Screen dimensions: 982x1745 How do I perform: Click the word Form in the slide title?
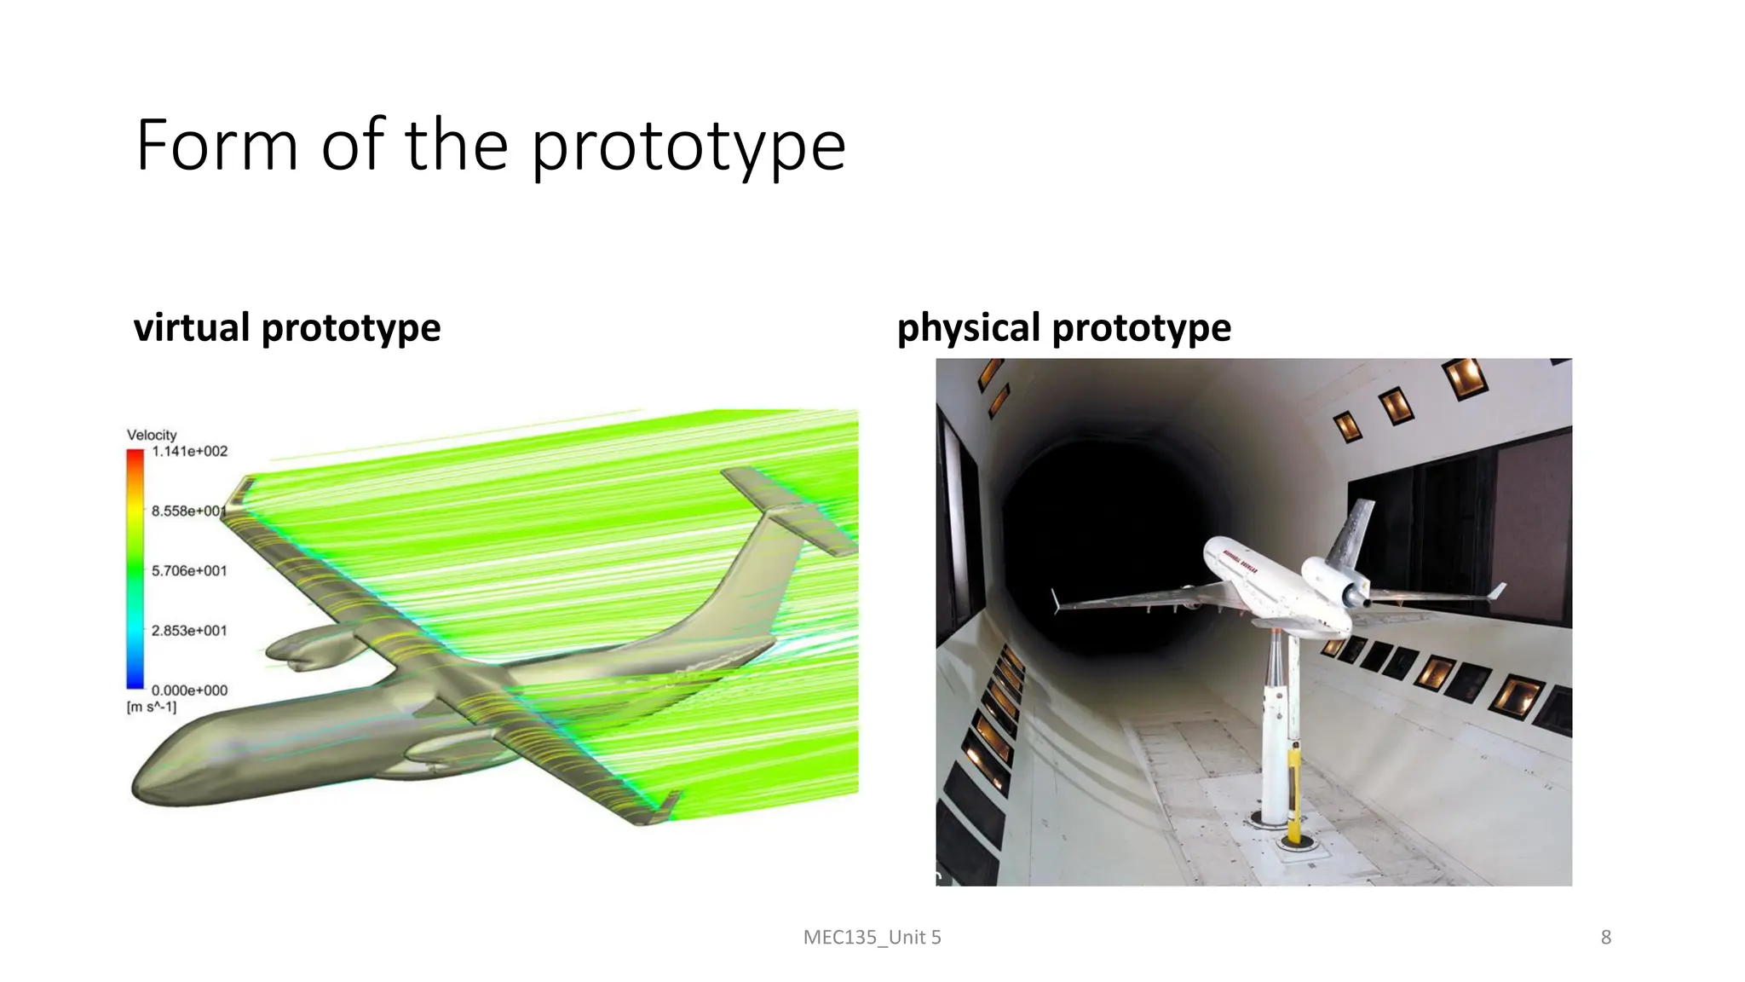pyautogui.click(x=216, y=145)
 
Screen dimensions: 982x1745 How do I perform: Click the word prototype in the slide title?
pyautogui.click(x=688, y=147)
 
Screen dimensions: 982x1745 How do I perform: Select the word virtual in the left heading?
pyautogui.click(x=192, y=327)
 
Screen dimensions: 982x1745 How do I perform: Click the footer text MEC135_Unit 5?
pyautogui.click(x=872, y=938)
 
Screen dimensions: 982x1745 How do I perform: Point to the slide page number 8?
pyautogui.click(x=1605, y=938)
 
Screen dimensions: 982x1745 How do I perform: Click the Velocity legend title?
pyautogui.click(x=152, y=435)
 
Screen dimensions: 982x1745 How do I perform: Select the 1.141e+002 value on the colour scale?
pyautogui.click(x=189, y=452)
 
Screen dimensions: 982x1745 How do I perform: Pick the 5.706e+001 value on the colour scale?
pyautogui.click(x=189, y=571)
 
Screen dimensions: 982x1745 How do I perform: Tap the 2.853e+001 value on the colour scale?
pyautogui.click(x=189, y=631)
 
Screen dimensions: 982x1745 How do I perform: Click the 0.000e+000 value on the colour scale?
pyautogui.click(x=189, y=690)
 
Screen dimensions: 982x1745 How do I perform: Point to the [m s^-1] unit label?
pyautogui.click(x=152, y=707)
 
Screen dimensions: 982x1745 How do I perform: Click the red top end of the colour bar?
pyautogui.click(x=135, y=457)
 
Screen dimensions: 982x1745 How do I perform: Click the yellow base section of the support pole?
pyautogui.click(x=1294, y=793)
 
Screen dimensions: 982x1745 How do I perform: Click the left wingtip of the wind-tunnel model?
pyautogui.click(x=1057, y=602)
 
